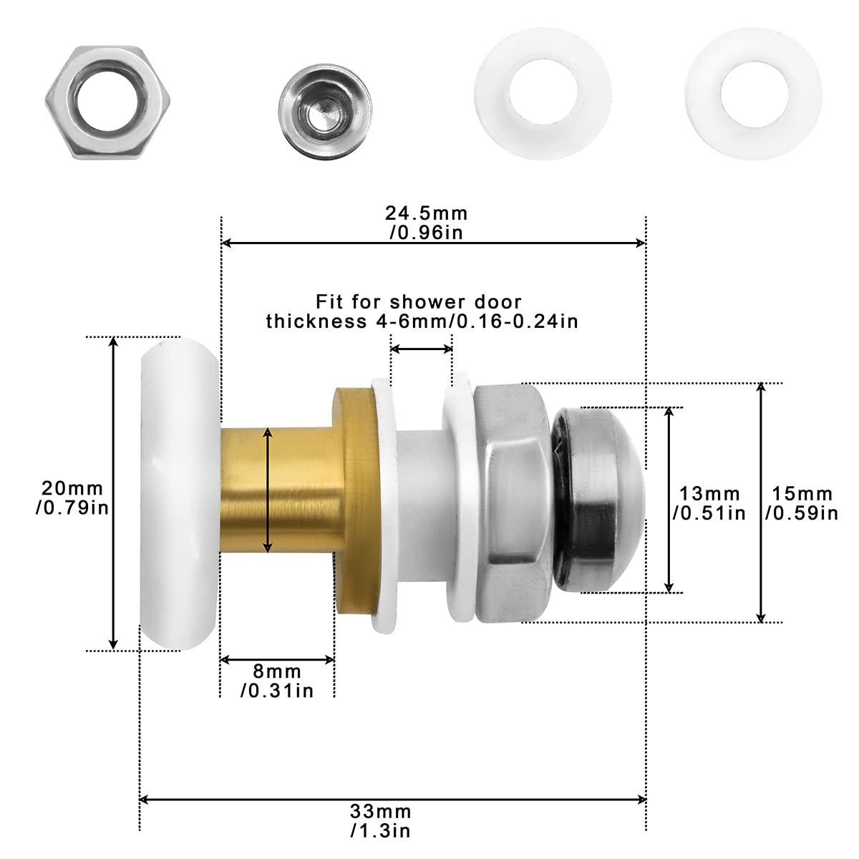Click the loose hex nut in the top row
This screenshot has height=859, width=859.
[x=107, y=102]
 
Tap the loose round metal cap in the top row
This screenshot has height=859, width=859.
[x=326, y=112]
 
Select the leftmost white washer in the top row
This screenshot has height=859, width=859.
[x=543, y=93]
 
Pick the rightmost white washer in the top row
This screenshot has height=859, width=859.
[x=754, y=93]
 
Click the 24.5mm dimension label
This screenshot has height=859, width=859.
[x=427, y=223]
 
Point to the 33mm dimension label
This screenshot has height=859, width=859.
[x=380, y=821]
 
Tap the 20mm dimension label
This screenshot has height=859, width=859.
[x=72, y=498]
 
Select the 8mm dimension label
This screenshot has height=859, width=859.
[x=277, y=681]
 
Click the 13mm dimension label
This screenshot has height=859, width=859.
[x=709, y=503]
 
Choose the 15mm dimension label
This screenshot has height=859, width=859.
[x=802, y=503]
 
